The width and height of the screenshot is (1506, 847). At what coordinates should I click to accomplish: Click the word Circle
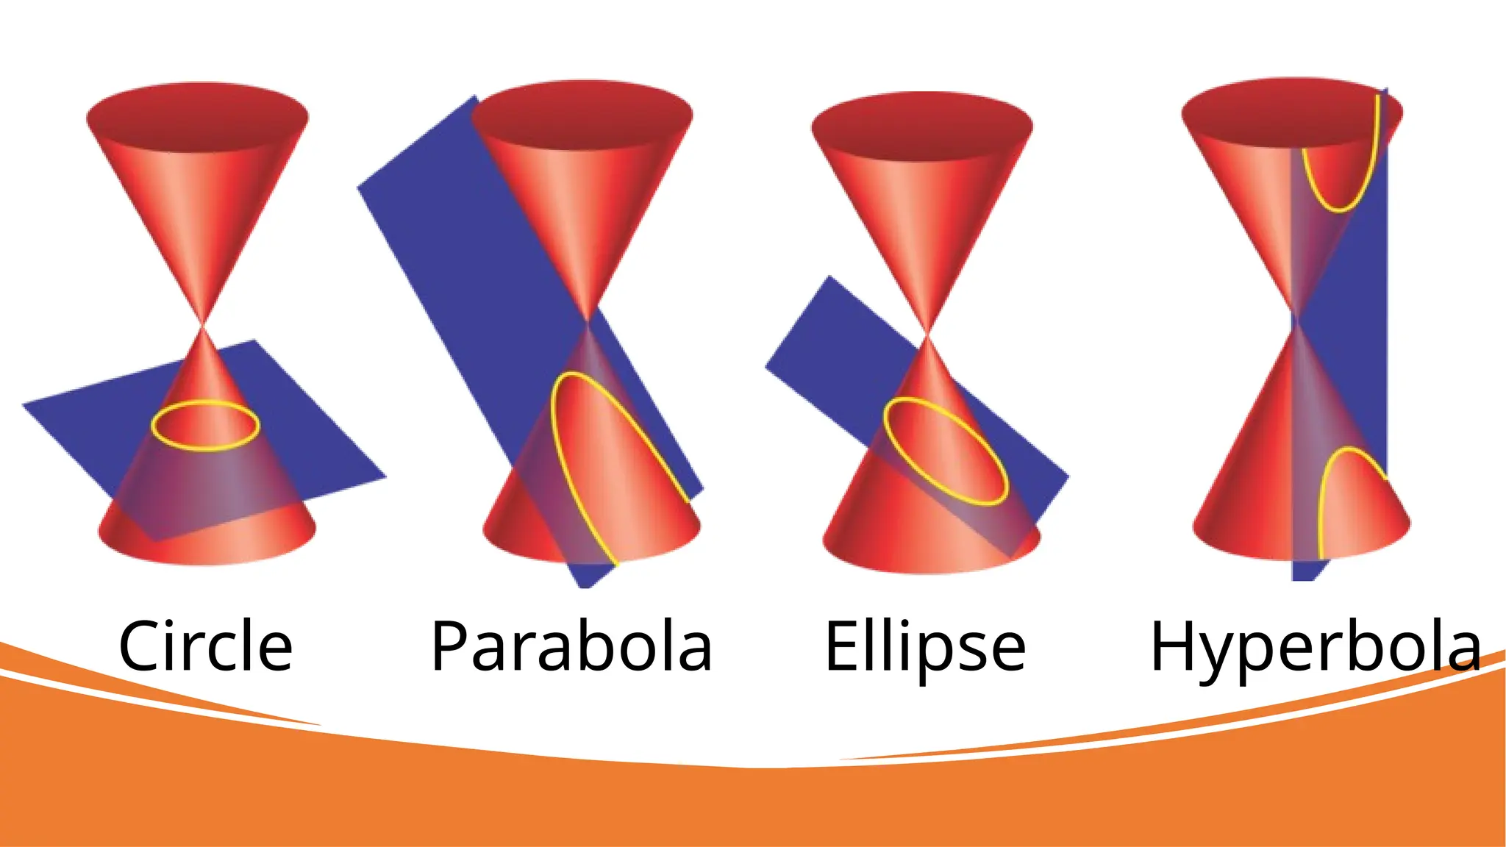[x=205, y=646]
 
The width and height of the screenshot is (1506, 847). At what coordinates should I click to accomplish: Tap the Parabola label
[x=571, y=646]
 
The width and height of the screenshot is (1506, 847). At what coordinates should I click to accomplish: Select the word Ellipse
[x=925, y=646]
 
